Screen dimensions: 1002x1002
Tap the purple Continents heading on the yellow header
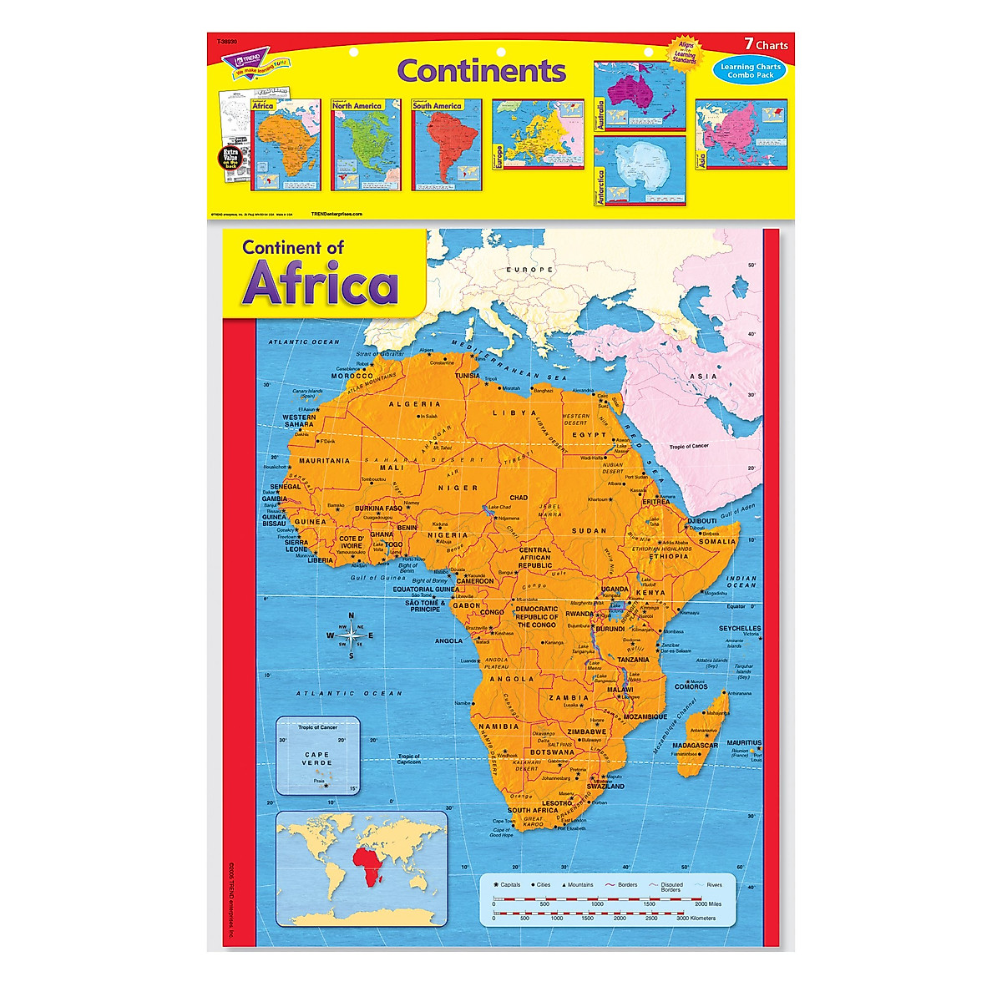point(481,70)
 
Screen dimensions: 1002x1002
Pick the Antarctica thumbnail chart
point(639,170)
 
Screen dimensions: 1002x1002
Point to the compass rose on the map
point(351,635)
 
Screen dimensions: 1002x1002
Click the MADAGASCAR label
point(696,745)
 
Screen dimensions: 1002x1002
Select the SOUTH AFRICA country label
point(533,810)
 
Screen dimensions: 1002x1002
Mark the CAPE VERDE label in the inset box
point(317,758)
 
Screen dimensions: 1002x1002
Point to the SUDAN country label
point(589,530)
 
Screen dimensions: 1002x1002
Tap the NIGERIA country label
point(448,535)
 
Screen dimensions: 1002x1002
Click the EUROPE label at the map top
point(534,270)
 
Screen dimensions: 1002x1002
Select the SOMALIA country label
point(717,541)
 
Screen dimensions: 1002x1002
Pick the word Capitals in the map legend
point(510,885)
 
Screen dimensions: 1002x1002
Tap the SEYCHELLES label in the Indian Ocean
point(740,628)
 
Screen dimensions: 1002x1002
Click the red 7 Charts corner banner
point(765,45)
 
